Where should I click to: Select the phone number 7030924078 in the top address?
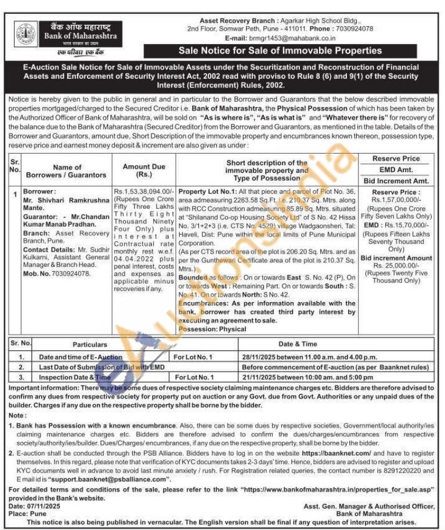[352, 28]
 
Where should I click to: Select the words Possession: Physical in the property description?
[212, 329]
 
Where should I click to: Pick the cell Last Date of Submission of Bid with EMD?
[95, 367]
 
